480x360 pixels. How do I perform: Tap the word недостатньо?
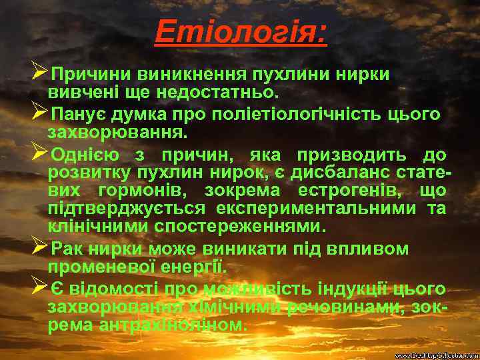[x=226, y=89]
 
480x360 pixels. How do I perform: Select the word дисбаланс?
[x=355, y=173]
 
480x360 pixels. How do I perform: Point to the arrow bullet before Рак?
[x=39, y=248]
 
